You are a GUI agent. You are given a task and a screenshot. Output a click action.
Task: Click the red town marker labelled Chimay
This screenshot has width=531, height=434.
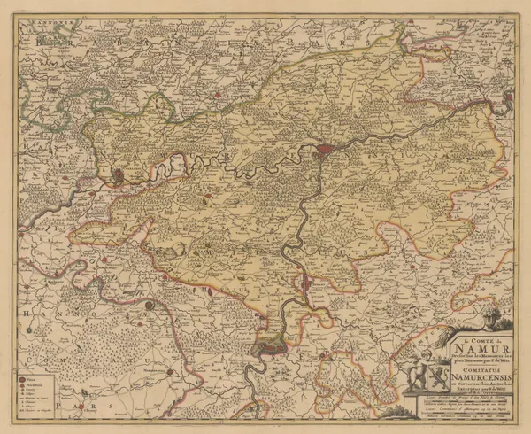pos(150,306)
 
